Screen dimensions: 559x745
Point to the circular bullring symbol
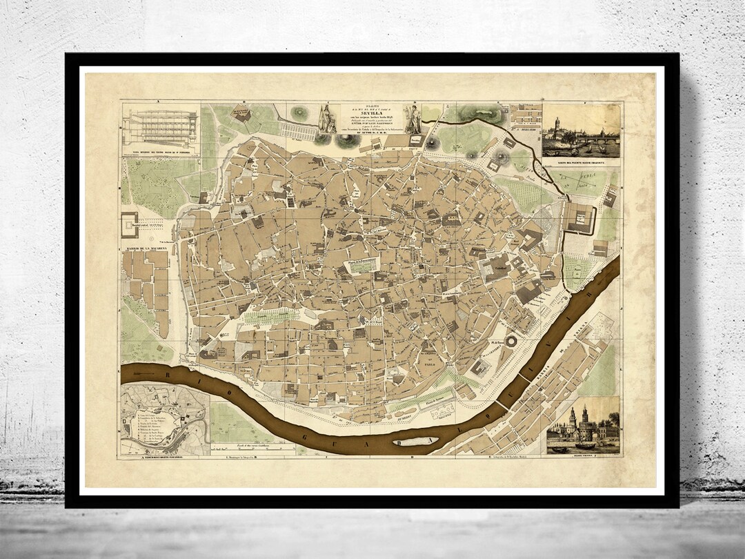(x=512, y=340)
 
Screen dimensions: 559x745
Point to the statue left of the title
(x=326, y=119)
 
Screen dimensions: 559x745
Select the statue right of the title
(x=413, y=117)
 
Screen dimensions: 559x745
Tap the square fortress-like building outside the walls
(x=131, y=225)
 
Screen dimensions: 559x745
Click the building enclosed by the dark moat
(x=581, y=217)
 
